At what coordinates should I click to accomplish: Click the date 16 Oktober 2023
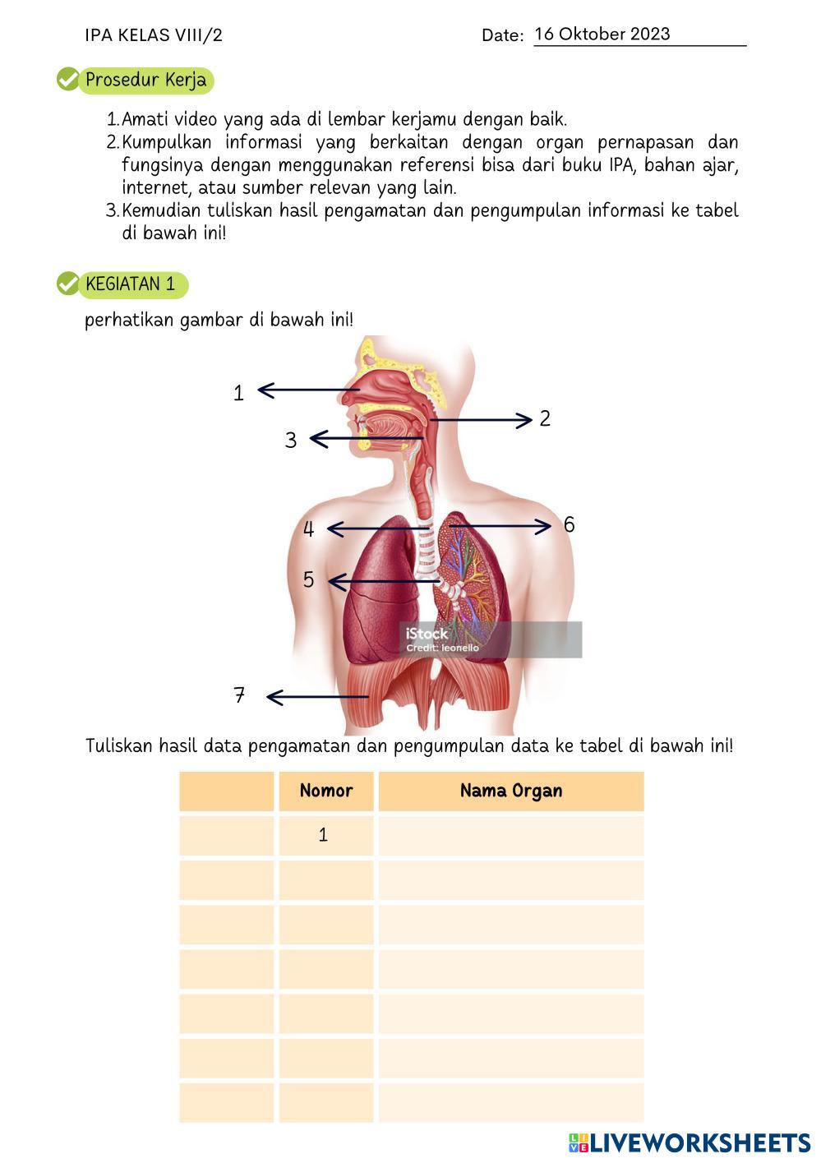(x=602, y=35)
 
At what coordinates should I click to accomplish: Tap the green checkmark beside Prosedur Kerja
(x=67, y=80)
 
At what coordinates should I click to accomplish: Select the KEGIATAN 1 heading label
(x=131, y=284)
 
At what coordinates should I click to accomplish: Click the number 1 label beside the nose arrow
(x=238, y=393)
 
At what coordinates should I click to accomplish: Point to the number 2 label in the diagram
(x=545, y=418)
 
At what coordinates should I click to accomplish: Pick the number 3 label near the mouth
(x=290, y=441)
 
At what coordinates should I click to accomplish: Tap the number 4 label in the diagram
(x=308, y=529)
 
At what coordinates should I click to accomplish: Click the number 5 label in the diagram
(x=308, y=579)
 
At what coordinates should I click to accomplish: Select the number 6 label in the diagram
(x=569, y=524)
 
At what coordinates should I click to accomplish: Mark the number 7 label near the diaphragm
(x=239, y=695)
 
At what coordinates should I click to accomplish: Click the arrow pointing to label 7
(x=316, y=697)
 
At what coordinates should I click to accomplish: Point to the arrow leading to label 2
(x=481, y=420)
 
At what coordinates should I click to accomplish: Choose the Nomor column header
(x=326, y=791)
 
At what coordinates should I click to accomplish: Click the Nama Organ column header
(x=511, y=791)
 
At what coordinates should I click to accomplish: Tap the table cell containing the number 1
(x=324, y=835)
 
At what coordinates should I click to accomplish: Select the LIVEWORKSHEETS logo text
(x=699, y=1142)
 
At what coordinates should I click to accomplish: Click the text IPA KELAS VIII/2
(x=154, y=35)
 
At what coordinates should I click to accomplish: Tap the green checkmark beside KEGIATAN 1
(x=67, y=284)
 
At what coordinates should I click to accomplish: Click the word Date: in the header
(x=502, y=35)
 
